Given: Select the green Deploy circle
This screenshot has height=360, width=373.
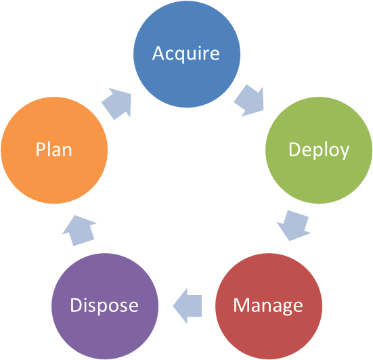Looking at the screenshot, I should (x=318, y=150).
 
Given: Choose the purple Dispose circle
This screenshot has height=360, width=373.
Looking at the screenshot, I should (x=105, y=305).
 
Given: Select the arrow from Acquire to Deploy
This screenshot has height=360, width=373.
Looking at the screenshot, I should (x=249, y=101).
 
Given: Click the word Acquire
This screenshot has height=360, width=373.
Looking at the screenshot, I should (x=186, y=53).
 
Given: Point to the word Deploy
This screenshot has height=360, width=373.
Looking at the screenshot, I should (x=318, y=150).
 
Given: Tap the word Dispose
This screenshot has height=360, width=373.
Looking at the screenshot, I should (x=105, y=306).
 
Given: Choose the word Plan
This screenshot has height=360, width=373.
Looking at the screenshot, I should (x=54, y=150).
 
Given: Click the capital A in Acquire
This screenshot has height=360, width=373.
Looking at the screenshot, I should (x=159, y=52).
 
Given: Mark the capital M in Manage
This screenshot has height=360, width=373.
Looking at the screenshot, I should (x=240, y=305).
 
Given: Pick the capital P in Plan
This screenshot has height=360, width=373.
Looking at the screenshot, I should (x=41, y=149).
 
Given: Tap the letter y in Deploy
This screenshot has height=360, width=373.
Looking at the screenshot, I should (x=344, y=152).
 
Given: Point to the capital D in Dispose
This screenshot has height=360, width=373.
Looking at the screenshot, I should (x=76, y=305).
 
